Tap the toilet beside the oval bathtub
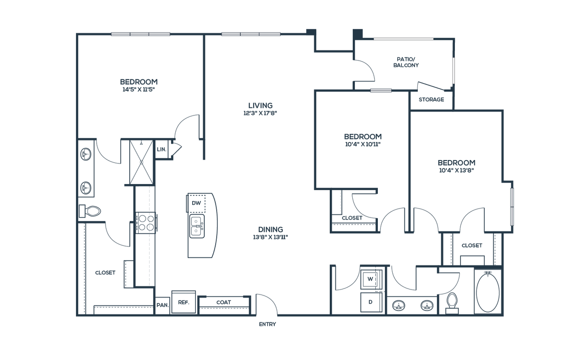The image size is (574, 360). pyautogui.click(x=451, y=302)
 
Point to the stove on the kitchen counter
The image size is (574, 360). pyautogui.click(x=146, y=222)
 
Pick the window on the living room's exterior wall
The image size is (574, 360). pyautogui.click(x=251, y=34)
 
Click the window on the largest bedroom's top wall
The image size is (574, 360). pyautogui.click(x=141, y=34)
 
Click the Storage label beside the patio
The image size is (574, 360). pyautogui.click(x=431, y=99)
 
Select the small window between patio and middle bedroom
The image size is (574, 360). pyautogui.click(x=381, y=90)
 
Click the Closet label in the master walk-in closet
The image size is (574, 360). pyautogui.click(x=105, y=273)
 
